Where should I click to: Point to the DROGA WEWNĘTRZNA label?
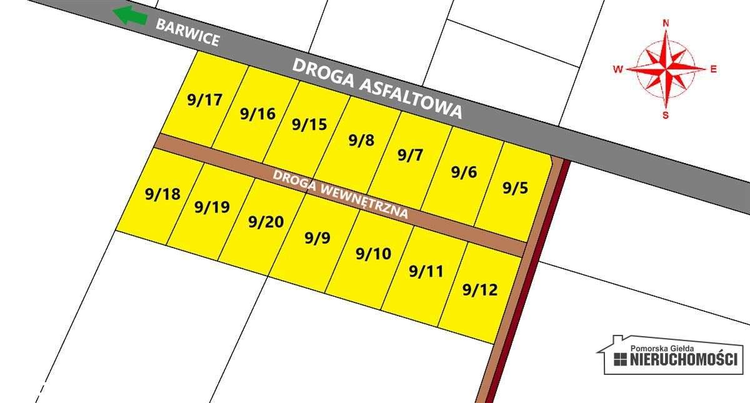point(341,194)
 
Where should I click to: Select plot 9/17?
point(204,100)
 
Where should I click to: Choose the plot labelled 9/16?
point(257,114)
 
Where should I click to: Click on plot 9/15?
point(309,124)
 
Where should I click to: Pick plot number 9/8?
point(361,140)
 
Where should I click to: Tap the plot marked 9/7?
point(411,156)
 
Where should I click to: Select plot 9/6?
point(464,172)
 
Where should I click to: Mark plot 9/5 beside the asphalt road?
point(515,188)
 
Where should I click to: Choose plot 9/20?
point(266,222)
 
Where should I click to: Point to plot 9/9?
point(317,238)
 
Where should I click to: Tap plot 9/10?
point(373,254)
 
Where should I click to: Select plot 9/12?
point(479,290)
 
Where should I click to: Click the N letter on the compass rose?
point(666,24)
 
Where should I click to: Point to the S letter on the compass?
point(666,115)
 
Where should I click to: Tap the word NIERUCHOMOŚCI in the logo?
point(684,360)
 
